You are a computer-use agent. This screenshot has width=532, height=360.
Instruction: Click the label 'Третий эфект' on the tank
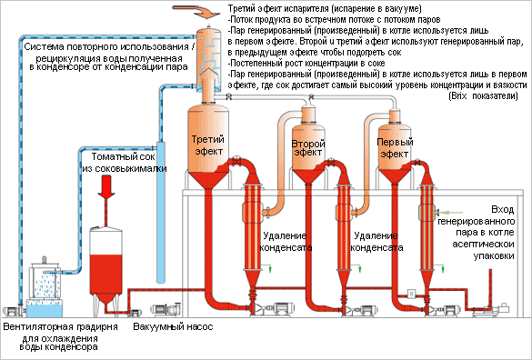207,145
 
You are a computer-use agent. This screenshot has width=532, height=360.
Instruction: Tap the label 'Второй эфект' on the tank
308,148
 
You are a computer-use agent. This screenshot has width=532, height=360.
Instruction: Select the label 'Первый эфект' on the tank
395,148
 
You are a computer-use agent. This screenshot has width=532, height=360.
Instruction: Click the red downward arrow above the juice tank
106,186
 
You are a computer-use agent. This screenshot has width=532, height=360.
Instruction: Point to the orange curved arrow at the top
196,11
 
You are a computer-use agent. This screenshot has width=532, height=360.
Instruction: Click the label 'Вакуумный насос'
173,326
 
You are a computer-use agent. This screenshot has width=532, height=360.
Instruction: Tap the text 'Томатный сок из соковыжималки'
125,162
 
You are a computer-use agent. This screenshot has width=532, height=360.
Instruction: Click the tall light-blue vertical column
161,213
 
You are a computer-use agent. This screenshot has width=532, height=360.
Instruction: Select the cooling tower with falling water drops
45,285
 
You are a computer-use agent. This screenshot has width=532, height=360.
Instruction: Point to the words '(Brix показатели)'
483,96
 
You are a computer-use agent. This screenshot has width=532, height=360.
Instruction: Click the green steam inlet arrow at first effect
448,213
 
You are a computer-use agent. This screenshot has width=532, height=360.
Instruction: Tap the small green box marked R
411,293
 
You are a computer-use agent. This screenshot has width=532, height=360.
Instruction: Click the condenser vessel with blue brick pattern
208,58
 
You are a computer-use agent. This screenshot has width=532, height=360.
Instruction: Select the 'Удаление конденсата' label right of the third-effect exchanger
286,242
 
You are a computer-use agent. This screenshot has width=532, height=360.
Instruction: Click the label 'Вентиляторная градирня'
60,326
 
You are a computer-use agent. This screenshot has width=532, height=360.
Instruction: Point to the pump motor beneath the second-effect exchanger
365,309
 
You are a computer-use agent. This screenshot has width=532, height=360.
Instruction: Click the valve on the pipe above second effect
311,97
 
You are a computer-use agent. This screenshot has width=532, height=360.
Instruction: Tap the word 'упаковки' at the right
494,255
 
